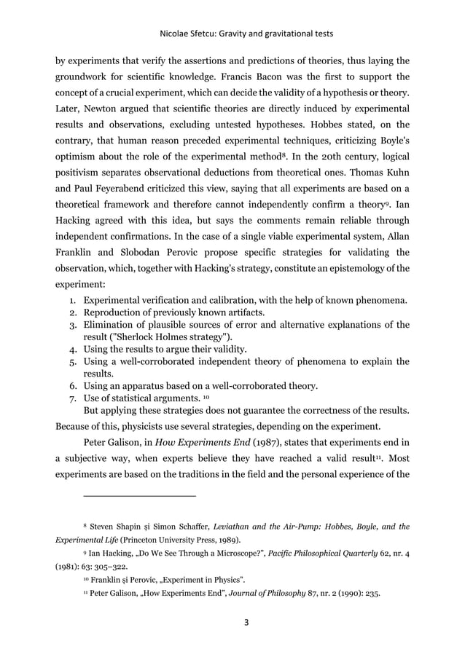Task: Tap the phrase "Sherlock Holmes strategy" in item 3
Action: [169, 337]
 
